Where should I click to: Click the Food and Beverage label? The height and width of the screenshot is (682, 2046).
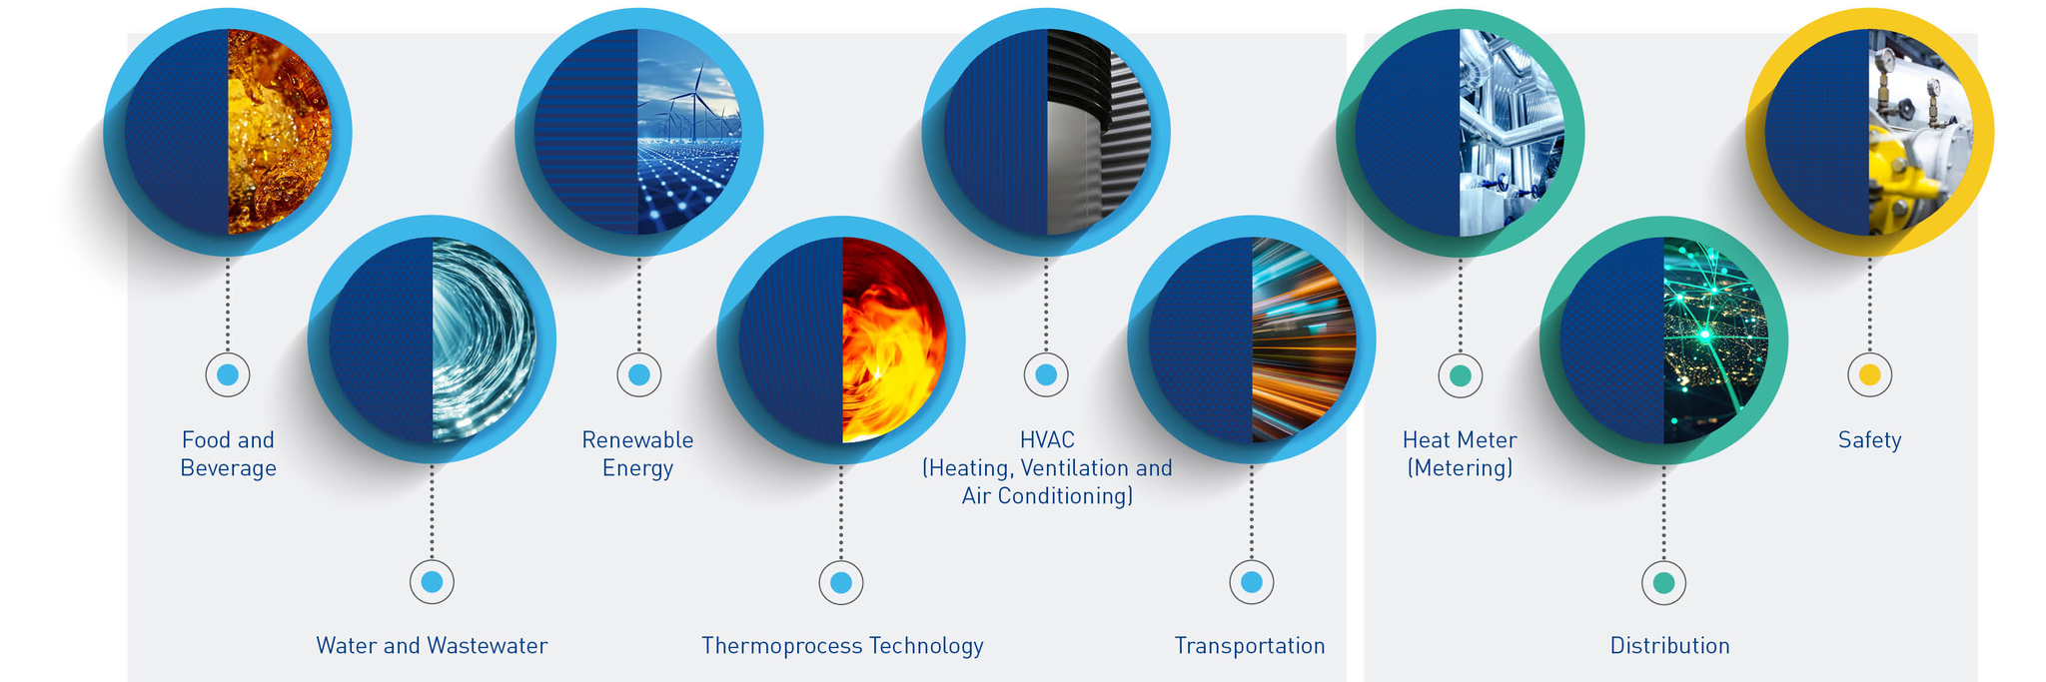click(228, 454)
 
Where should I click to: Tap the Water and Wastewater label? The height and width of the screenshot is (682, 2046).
click(432, 646)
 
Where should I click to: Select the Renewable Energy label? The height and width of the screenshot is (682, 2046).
click(637, 454)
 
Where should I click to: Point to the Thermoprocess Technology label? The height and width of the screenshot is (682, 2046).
click(842, 646)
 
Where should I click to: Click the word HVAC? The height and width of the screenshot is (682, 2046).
click(1047, 440)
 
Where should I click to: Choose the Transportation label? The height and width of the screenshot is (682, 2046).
click(1250, 646)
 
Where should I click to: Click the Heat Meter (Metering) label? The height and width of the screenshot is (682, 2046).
click(1460, 454)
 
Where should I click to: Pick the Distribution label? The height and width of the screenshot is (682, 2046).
click(1669, 646)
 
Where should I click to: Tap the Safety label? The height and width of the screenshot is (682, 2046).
click(1869, 440)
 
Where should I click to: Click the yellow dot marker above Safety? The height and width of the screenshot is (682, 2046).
click(1870, 375)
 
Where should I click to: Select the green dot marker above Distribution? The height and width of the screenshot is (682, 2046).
click(1663, 583)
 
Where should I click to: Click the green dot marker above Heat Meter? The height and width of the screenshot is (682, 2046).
click(1460, 375)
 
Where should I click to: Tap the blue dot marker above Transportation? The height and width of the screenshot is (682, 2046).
click(1251, 582)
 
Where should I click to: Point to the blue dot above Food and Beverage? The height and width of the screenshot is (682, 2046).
click(228, 375)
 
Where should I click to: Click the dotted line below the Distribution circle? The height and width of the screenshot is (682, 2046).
click(1663, 513)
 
